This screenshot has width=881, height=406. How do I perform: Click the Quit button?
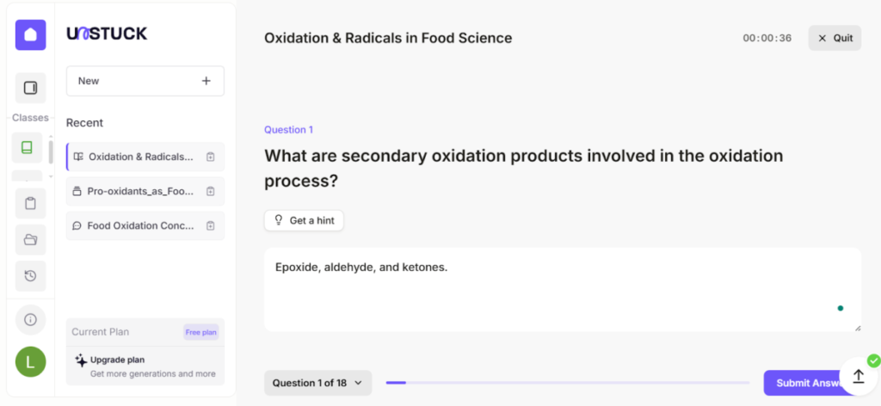pyautogui.click(x=835, y=38)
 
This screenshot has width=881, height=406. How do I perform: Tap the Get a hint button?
pyautogui.click(x=304, y=220)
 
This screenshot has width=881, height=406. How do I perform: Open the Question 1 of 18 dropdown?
pyautogui.click(x=317, y=383)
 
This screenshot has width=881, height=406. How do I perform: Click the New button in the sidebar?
pyautogui.click(x=145, y=81)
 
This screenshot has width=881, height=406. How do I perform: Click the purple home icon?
pyautogui.click(x=30, y=34)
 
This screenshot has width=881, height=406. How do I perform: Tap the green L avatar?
pyautogui.click(x=30, y=362)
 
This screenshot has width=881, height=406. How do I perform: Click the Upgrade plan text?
pyautogui.click(x=117, y=360)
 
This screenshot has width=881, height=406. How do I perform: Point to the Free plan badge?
pyautogui.click(x=200, y=332)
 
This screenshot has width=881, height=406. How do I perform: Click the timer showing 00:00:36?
pyautogui.click(x=767, y=38)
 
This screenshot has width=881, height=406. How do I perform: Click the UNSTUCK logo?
pyautogui.click(x=107, y=34)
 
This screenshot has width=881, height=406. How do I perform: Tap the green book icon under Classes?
pyautogui.click(x=27, y=147)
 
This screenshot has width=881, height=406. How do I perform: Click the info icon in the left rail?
pyautogui.click(x=30, y=319)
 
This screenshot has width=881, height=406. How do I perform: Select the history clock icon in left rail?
pyautogui.click(x=30, y=275)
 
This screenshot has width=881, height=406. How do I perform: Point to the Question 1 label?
pyautogui.click(x=288, y=130)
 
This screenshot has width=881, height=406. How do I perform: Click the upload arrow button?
pyautogui.click(x=858, y=376)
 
